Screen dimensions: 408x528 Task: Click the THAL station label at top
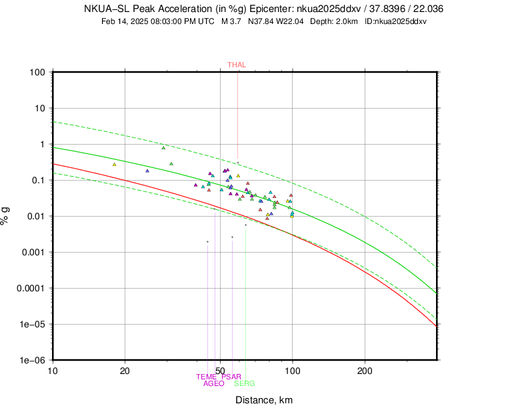237,65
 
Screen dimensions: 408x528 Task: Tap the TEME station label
207,377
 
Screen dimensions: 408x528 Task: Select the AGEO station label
213,383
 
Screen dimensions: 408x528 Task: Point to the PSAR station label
231,377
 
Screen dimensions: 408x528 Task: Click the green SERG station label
244,383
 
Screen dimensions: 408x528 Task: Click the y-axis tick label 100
37,72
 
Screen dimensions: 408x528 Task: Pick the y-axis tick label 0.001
33,252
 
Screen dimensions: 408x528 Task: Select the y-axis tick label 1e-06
32,360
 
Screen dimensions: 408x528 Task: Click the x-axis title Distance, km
263,399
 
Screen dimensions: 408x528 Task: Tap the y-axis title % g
7,215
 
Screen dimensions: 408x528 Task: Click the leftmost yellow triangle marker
115,164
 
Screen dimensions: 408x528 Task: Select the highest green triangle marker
163,147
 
